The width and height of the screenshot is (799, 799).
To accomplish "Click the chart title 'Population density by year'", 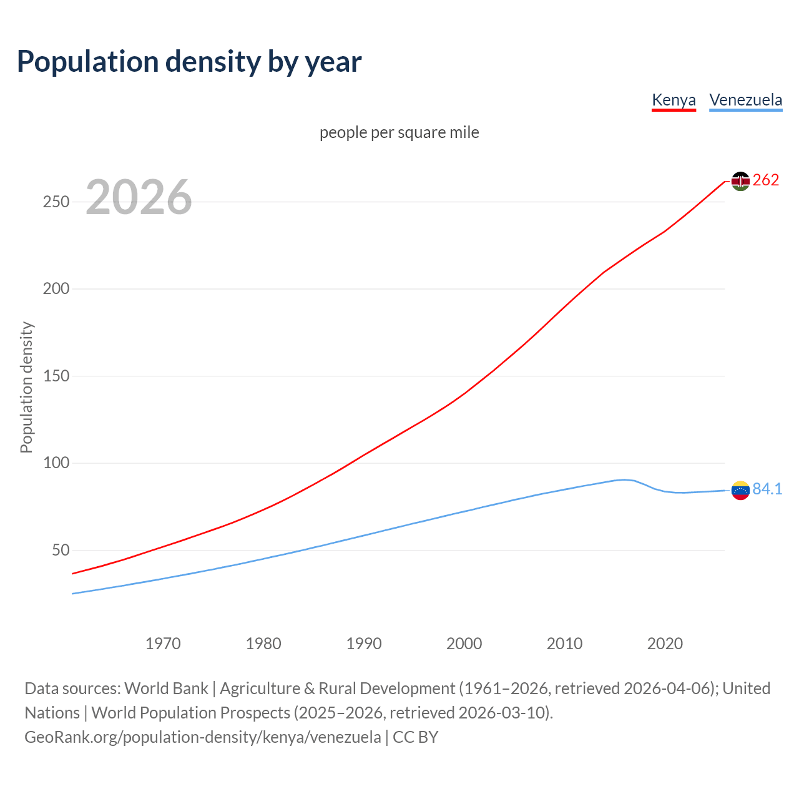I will [x=189, y=62].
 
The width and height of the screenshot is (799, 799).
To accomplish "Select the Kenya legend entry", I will [x=674, y=100].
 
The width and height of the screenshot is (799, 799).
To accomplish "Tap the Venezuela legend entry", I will [x=745, y=100].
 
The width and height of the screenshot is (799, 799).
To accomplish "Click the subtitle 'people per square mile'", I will [x=399, y=132].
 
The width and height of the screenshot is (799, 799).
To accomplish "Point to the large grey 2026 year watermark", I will [x=139, y=197].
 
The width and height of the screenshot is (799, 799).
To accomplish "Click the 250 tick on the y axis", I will [x=56, y=202].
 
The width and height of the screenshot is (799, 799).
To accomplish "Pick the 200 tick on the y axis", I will [x=56, y=289].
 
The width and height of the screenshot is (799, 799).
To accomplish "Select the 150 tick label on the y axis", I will [x=56, y=376].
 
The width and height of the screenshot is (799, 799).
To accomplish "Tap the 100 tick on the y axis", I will [x=56, y=463].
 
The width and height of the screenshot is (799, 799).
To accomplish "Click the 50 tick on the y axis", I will [x=61, y=551].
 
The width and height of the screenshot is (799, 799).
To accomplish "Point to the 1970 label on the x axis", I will [x=163, y=644].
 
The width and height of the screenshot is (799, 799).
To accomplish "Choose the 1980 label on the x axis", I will [x=263, y=644].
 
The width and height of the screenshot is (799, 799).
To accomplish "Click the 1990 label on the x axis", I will [x=364, y=644].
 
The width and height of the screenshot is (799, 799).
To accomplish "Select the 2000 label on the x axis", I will [x=464, y=644].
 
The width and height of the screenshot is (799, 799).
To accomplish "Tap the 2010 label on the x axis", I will [x=564, y=644].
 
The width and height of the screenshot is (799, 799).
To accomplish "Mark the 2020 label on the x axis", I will [x=665, y=644].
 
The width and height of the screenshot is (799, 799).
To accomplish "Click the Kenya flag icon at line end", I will [x=740, y=181].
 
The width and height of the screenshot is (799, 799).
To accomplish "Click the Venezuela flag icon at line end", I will [x=740, y=491].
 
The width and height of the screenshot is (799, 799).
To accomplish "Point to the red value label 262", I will [x=766, y=180].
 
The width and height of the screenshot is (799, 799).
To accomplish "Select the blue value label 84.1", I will [x=767, y=489].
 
